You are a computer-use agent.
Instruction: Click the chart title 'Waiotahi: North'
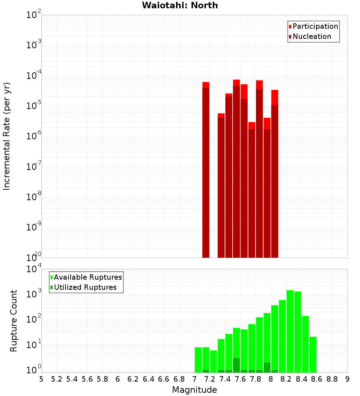point(180,5)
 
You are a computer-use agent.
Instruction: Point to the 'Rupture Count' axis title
point(14,321)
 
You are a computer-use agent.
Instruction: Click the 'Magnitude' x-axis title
point(194,390)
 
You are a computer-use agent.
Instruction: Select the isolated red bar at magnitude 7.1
point(206,169)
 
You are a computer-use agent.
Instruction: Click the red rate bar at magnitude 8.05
point(275,173)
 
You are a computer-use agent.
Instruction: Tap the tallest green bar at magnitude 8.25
point(290,331)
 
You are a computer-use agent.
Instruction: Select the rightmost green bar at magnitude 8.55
point(313,355)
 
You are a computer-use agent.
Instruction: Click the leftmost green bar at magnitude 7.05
point(198,360)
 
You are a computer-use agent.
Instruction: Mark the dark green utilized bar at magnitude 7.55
point(236,365)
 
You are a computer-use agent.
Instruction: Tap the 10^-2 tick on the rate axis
point(34,15)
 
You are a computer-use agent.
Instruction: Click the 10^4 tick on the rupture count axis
point(34,269)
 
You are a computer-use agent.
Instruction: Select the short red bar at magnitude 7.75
point(252,191)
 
